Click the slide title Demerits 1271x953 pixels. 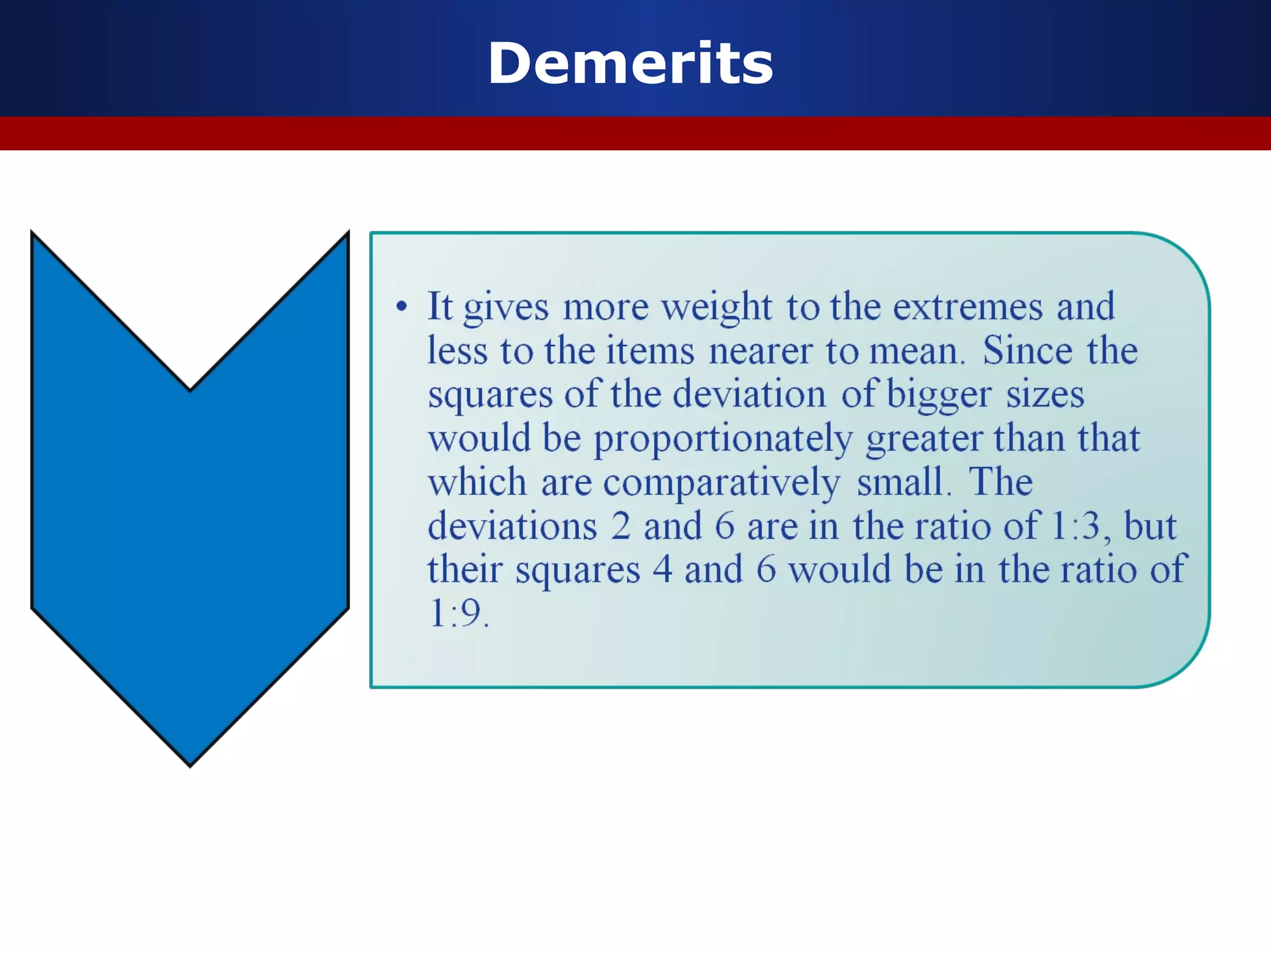(x=631, y=63)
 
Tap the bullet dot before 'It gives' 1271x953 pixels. (x=402, y=306)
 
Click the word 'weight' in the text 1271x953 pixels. (x=716, y=307)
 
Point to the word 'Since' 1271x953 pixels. (x=1027, y=351)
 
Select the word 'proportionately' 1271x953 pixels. (x=723, y=439)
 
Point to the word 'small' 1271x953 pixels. (x=901, y=482)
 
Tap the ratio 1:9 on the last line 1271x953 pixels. (x=458, y=614)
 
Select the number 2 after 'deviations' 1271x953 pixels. (x=620, y=526)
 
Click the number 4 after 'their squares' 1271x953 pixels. (x=662, y=570)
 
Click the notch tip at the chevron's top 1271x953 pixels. (x=191, y=388)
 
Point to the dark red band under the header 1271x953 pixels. (x=635, y=133)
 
